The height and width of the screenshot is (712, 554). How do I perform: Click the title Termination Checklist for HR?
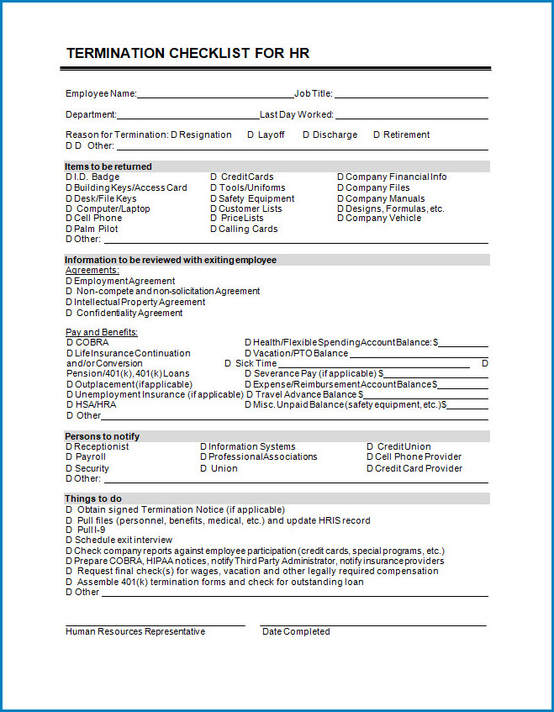click(x=187, y=54)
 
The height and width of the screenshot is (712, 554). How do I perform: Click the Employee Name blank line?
click(x=215, y=95)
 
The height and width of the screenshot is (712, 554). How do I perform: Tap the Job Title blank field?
click(x=411, y=95)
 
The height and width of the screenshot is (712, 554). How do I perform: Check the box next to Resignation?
click(x=174, y=135)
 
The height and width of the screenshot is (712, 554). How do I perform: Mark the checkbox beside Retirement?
click(x=377, y=135)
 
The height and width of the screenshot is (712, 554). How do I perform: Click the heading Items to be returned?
click(x=108, y=166)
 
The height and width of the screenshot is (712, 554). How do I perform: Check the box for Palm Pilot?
click(x=69, y=229)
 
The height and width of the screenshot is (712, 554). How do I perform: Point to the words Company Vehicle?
click(x=383, y=219)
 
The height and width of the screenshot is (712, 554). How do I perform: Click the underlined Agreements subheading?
click(x=92, y=271)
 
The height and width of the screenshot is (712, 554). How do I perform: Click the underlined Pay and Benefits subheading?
click(x=102, y=333)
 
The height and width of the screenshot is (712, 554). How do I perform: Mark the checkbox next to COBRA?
click(x=69, y=343)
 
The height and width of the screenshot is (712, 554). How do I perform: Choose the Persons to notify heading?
click(x=103, y=436)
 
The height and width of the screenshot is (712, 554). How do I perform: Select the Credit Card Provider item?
click(x=419, y=469)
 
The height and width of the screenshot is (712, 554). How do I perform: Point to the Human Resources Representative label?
click(x=135, y=632)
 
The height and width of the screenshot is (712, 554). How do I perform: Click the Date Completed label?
click(x=296, y=632)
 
